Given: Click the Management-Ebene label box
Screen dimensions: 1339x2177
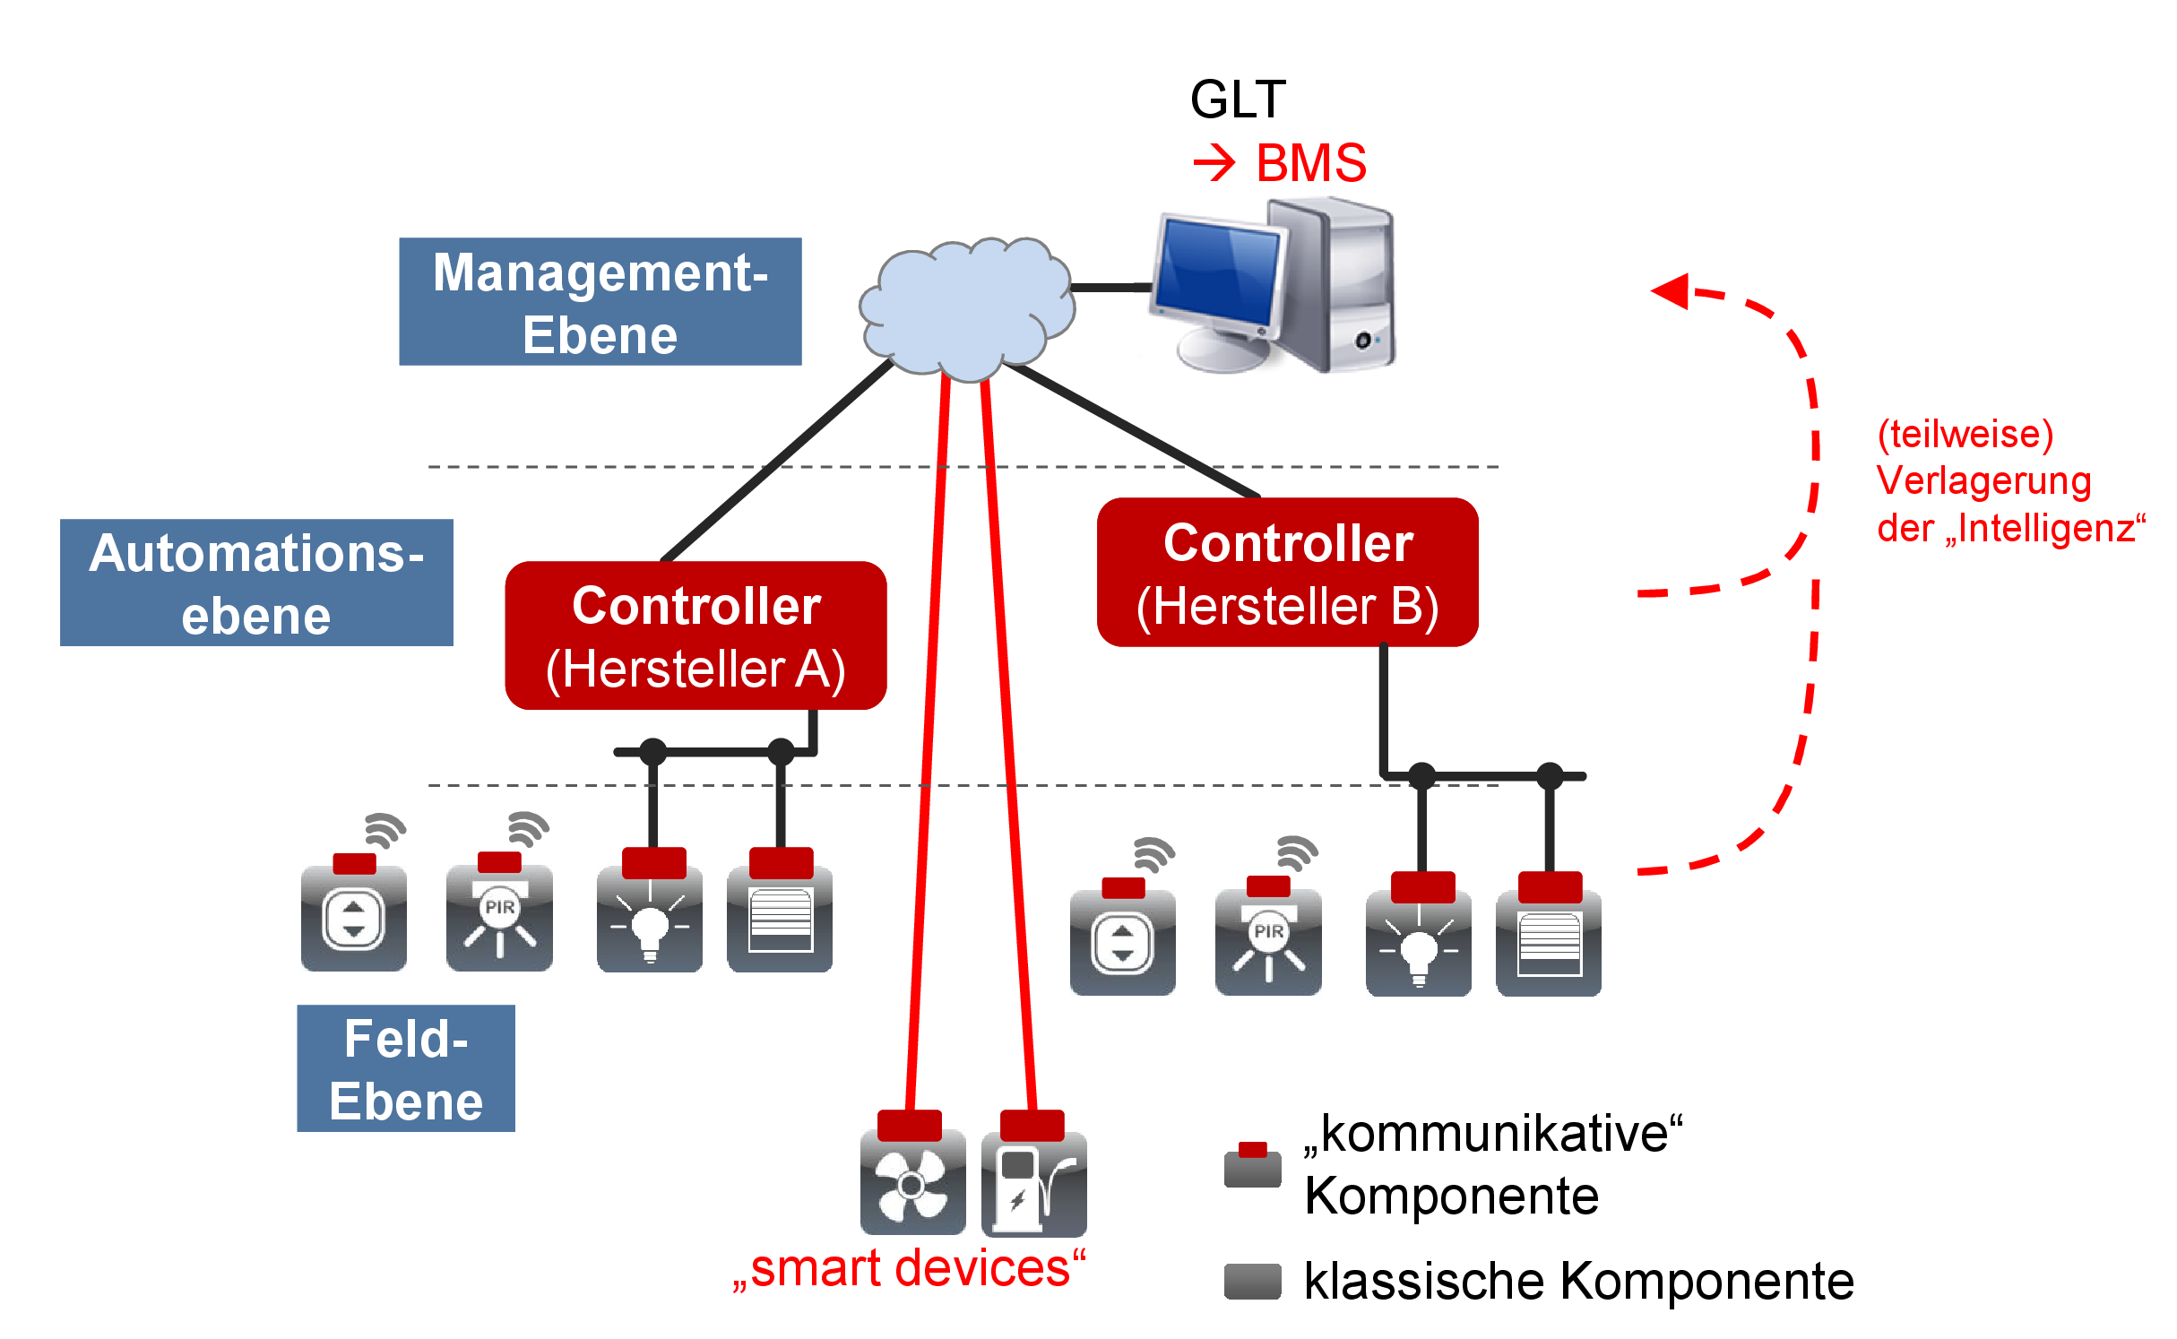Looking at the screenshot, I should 600,301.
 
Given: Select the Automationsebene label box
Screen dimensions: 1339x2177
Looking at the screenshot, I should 256,583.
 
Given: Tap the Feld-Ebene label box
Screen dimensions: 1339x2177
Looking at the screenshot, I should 406,1068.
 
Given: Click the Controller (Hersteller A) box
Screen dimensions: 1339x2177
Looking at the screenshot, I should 695,635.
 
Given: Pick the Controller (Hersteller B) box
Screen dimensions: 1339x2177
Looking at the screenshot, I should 1287,573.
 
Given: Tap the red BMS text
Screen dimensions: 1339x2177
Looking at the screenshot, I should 1310,163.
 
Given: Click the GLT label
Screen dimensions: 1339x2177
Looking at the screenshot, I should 1238,99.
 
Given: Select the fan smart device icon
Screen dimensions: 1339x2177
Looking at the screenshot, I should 912,1182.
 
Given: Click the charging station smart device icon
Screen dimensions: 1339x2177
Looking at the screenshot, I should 1033,1182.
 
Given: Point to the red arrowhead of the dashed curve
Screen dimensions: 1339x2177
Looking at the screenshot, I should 1671,290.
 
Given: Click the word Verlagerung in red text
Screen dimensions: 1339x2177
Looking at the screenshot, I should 1983,481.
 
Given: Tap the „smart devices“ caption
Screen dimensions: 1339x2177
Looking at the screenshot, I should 909,1268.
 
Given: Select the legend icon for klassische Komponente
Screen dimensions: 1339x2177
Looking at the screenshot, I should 1252,1281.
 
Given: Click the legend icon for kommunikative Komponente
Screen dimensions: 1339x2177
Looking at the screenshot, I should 1252,1165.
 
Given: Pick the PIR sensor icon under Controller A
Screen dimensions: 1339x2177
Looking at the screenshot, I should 499,919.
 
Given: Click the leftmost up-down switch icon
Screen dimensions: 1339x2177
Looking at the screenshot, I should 354,919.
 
